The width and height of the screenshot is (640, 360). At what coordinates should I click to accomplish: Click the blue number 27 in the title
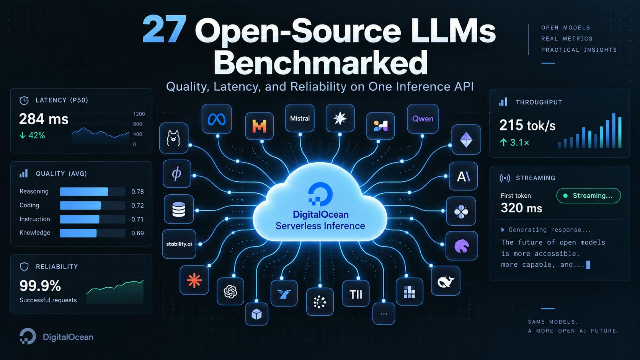(x=165, y=30)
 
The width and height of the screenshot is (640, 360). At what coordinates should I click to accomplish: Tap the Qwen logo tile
(x=423, y=119)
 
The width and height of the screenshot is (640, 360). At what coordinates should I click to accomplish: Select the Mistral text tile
(x=300, y=118)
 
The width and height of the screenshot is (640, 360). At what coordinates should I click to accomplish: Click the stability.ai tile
(x=179, y=244)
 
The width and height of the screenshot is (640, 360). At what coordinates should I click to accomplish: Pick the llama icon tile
(x=174, y=138)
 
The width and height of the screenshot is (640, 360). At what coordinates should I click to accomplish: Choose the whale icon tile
(x=446, y=281)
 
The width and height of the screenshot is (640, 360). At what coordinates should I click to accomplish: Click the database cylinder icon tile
(x=179, y=209)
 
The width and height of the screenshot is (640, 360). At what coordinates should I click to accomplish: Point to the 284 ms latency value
(x=44, y=119)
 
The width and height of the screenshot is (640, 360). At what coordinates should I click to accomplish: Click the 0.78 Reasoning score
(x=137, y=192)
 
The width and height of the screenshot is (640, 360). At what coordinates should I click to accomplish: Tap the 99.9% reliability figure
(x=40, y=285)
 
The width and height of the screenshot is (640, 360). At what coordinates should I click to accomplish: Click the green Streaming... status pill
(x=589, y=195)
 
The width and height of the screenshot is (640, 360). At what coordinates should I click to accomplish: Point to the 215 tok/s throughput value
(x=527, y=125)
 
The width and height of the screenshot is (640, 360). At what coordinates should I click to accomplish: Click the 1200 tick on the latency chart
(x=139, y=114)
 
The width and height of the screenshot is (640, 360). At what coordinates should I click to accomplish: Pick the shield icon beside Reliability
(x=24, y=267)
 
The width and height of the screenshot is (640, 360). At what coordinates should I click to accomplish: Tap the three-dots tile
(x=384, y=314)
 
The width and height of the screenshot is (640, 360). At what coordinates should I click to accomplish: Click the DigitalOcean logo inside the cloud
(x=320, y=194)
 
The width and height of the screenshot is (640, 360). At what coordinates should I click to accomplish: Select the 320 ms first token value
(x=521, y=208)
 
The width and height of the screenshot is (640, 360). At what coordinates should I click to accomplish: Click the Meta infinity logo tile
(x=217, y=119)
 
